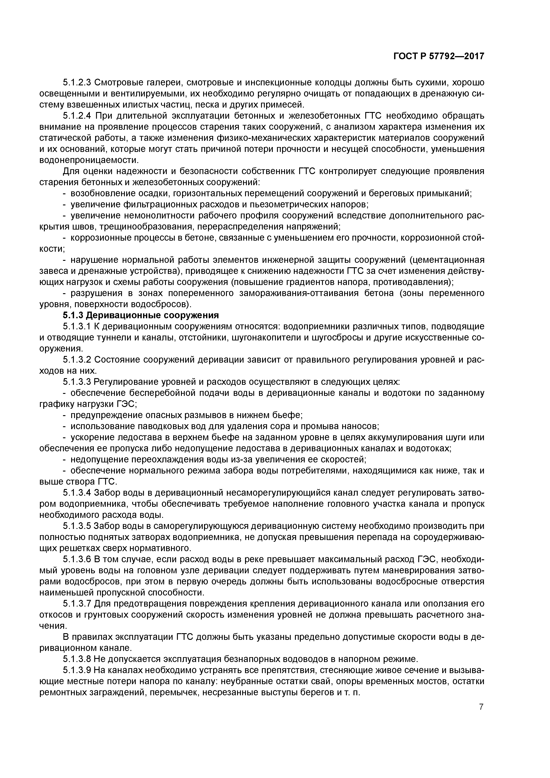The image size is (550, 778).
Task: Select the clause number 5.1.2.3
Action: point(77,82)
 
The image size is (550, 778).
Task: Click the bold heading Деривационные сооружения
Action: point(152,315)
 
